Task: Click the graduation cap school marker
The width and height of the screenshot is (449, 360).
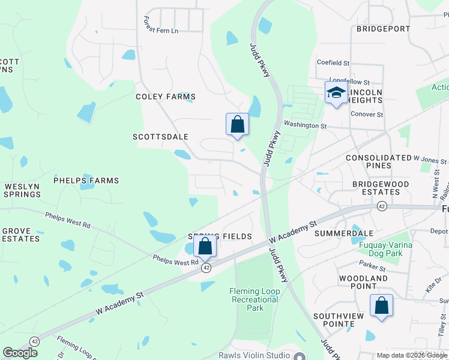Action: tap(336, 93)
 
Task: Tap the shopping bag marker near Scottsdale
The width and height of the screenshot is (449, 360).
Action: tap(237, 124)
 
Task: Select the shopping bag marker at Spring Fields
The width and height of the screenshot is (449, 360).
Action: tap(205, 245)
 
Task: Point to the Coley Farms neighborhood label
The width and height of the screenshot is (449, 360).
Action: tap(166, 97)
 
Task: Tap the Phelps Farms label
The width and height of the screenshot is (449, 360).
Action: tap(86, 181)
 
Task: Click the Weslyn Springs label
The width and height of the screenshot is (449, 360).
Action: tap(22, 190)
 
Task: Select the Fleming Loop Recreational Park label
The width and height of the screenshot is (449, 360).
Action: tap(255, 299)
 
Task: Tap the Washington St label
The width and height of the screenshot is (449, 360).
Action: tap(305, 126)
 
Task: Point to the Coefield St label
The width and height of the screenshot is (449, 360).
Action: tap(333, 62)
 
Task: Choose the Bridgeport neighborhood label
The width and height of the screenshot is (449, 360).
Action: tap(383, 29)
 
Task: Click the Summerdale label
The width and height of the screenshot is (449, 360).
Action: tap(344, 233)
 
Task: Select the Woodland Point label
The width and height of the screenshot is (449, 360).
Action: tap(363, 283)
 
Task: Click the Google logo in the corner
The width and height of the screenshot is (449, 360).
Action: tap(20, 353)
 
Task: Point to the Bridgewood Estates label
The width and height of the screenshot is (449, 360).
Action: tap(381, 188)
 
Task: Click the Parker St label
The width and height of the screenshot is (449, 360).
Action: tap(372, 263)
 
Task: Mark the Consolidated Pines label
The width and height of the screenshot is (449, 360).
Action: tap(379, 161)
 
